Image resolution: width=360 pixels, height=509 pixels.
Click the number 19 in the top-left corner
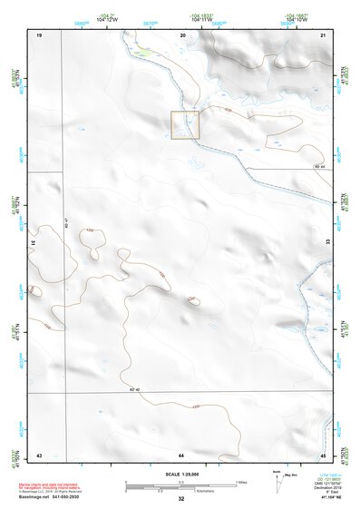tap(39, 34)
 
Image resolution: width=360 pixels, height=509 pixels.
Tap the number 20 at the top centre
tap(183, 34)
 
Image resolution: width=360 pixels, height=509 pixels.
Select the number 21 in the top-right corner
tap(324, 34)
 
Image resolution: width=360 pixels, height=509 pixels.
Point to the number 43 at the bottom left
tap(39, 454)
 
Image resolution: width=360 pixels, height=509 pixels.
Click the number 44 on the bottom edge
tap(181, 454)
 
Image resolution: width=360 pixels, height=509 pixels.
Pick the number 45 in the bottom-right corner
tap(324, 454)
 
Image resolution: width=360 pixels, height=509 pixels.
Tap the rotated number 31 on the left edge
tap(34, 243)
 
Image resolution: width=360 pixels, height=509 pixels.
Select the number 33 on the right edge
tap(327, 243)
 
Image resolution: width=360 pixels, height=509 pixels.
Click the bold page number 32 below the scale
tap(181, 499)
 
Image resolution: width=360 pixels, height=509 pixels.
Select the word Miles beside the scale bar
tap(241, 481)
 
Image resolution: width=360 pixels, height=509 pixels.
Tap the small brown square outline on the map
tap(185, 125)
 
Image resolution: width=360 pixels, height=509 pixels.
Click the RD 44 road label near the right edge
tap(318, 166)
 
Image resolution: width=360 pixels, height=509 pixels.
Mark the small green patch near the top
tap(141, 52)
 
